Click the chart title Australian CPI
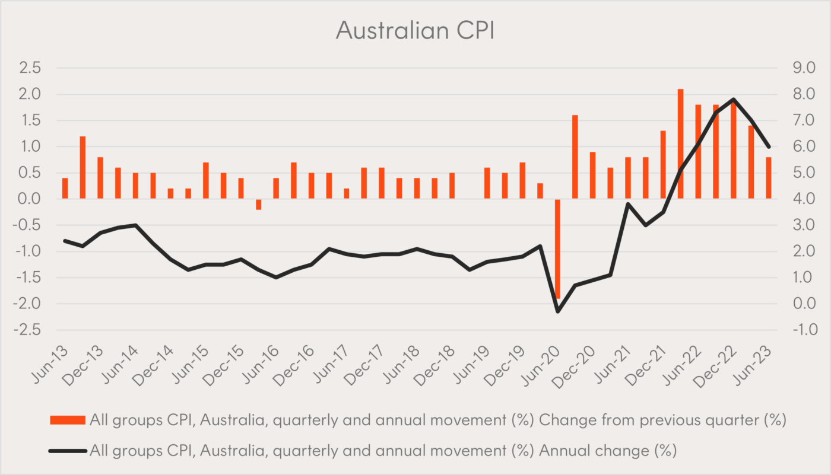tap(415, 30)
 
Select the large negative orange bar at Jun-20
tap(558, 248)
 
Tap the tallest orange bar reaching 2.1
tap(681, 144)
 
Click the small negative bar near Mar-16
tap(259, 204)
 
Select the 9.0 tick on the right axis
tap(797, 68)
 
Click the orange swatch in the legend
tap(67, 420)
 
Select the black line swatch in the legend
tap(67, 451)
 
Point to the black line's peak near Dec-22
tap(734, 99)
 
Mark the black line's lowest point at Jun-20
tap(558, 311)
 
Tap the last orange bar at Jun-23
tap(769, 178)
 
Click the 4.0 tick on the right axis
tap(797, 199)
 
